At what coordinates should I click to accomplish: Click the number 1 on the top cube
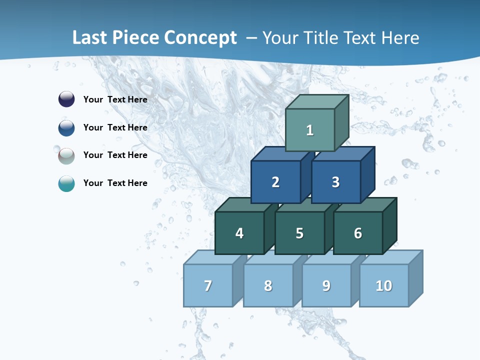[310, 130]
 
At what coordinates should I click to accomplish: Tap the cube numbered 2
[275, 182]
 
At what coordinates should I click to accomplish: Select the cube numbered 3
[335, 182]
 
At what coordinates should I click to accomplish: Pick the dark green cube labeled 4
[239, 233]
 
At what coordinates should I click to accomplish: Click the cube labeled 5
[299, 233]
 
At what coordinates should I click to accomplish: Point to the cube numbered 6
[358, 233]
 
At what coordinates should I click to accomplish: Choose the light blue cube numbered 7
[208, 285]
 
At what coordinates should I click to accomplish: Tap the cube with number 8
[268, 285]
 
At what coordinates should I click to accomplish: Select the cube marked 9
[326, 285]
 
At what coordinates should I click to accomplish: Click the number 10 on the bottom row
[384, 285]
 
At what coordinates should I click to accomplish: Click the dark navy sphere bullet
[66, 99]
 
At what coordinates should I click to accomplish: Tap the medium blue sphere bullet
[66, 127]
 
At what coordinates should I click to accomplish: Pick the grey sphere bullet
[66, 155]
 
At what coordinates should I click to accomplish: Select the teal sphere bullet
[66, 183]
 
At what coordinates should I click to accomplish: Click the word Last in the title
[89, 38]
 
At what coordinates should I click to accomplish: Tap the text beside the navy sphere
[115, 99]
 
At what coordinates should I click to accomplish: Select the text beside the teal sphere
[115, 183]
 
